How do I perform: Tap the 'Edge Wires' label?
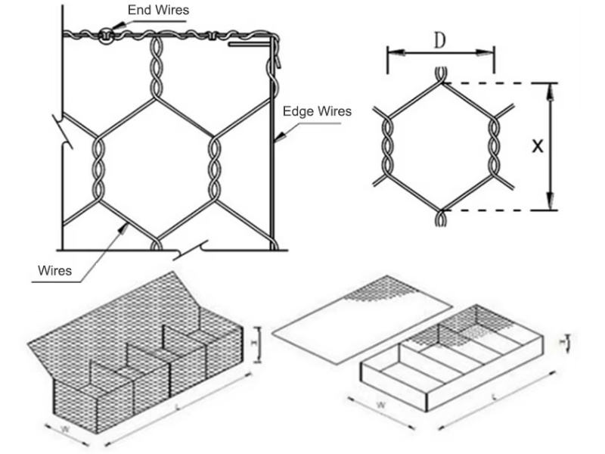(317, 111)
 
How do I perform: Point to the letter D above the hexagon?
(439, 41)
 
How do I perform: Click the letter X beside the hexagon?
(537, 146)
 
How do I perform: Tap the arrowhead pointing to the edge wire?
(278, 138)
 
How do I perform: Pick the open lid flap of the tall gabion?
(113, 318)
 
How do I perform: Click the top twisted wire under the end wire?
(157, 64)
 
